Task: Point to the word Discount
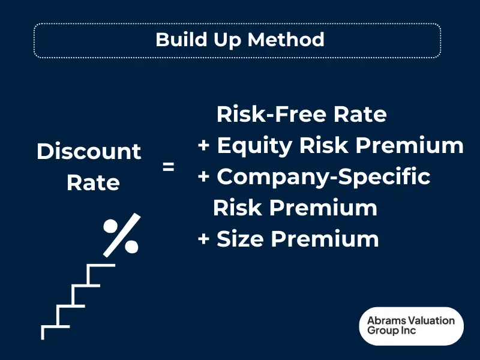point(89,151)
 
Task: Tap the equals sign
point(169,167)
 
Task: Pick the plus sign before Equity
point(204,146)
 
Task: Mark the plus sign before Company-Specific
point(204,177)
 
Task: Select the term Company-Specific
point(323,177)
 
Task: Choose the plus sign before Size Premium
point(204,239)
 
